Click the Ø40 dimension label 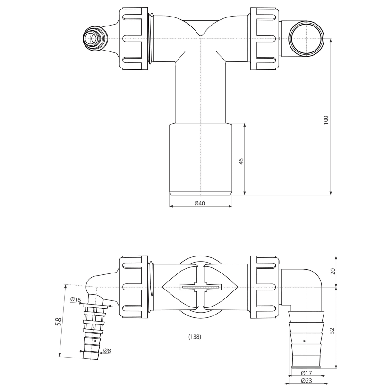(x=199, y=203)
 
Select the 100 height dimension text (x=326, y=120)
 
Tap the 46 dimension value (x=241, y=161)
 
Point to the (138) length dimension (x=195, y=337)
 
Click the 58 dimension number (x=58, y=322)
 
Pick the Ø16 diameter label (x=76, y=299)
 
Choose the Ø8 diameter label (x=107, y=351)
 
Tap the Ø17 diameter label (x=306, y=373)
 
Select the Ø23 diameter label (x=307, y=381)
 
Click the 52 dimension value (x=332, y=331)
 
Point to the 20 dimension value (x=333, y=271)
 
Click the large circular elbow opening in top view (x=306, y=39)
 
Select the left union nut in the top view (x=133, y=39)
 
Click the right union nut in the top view (x=264, y=39)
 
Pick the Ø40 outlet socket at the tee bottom (x=201, y=159)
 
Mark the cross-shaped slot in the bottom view (x=200, y=287)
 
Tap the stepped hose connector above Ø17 (x=306, y=339)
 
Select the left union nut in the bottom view (x=133, y=287)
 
